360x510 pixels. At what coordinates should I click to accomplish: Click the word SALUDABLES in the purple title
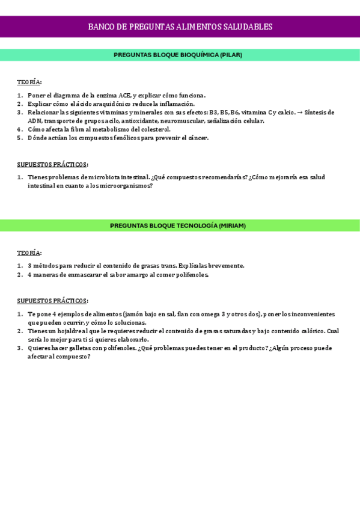(247, 27)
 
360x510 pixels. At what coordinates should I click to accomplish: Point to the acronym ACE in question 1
(124, 96)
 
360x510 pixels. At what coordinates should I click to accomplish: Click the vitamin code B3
(213, 112)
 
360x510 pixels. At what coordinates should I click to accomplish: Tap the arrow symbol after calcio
(300, 112)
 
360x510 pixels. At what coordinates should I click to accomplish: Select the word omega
(209, 315)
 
